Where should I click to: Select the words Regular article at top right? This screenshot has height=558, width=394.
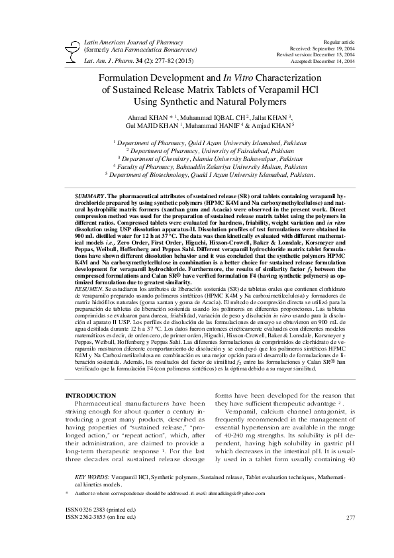pos(338,42)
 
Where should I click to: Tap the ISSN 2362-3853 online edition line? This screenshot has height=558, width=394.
pos(99,516)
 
